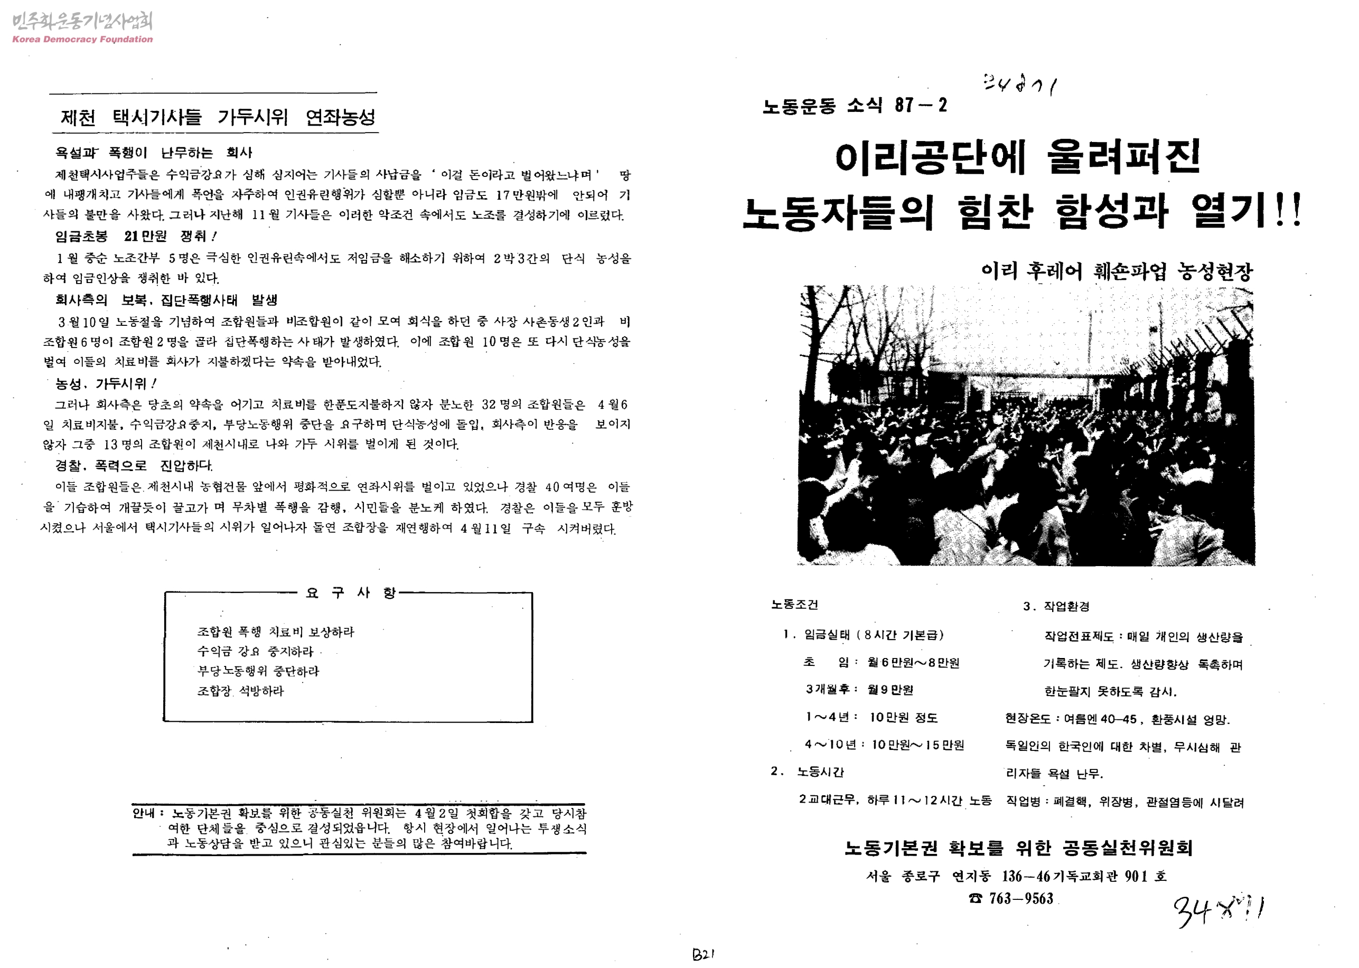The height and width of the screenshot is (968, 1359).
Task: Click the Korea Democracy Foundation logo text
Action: click(82, 39)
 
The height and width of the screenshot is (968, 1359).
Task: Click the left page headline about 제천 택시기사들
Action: click(218, 117)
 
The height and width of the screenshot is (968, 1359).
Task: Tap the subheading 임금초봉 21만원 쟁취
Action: click(136, 237)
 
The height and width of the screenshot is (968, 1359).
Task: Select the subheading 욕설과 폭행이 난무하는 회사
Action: click(154, 153)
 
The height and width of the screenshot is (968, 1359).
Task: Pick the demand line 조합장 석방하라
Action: click(240, 691)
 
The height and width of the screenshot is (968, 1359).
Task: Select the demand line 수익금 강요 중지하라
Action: click(255, 652)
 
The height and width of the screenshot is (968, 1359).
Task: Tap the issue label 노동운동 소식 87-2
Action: click(854, 106)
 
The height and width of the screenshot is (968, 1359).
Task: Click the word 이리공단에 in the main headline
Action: click(931, 157)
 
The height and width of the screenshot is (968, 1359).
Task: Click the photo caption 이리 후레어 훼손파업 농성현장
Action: click(1117, 272)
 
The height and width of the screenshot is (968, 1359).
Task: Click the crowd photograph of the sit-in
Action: click(1026, 426)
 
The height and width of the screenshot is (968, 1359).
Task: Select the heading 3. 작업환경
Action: click(1056, 606)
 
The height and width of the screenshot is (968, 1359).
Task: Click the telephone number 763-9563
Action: click(1020, 898)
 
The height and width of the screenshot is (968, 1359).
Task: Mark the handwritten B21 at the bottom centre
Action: click(703, 954)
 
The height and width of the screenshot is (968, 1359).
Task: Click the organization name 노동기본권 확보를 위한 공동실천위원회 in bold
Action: click(1018, 848)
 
